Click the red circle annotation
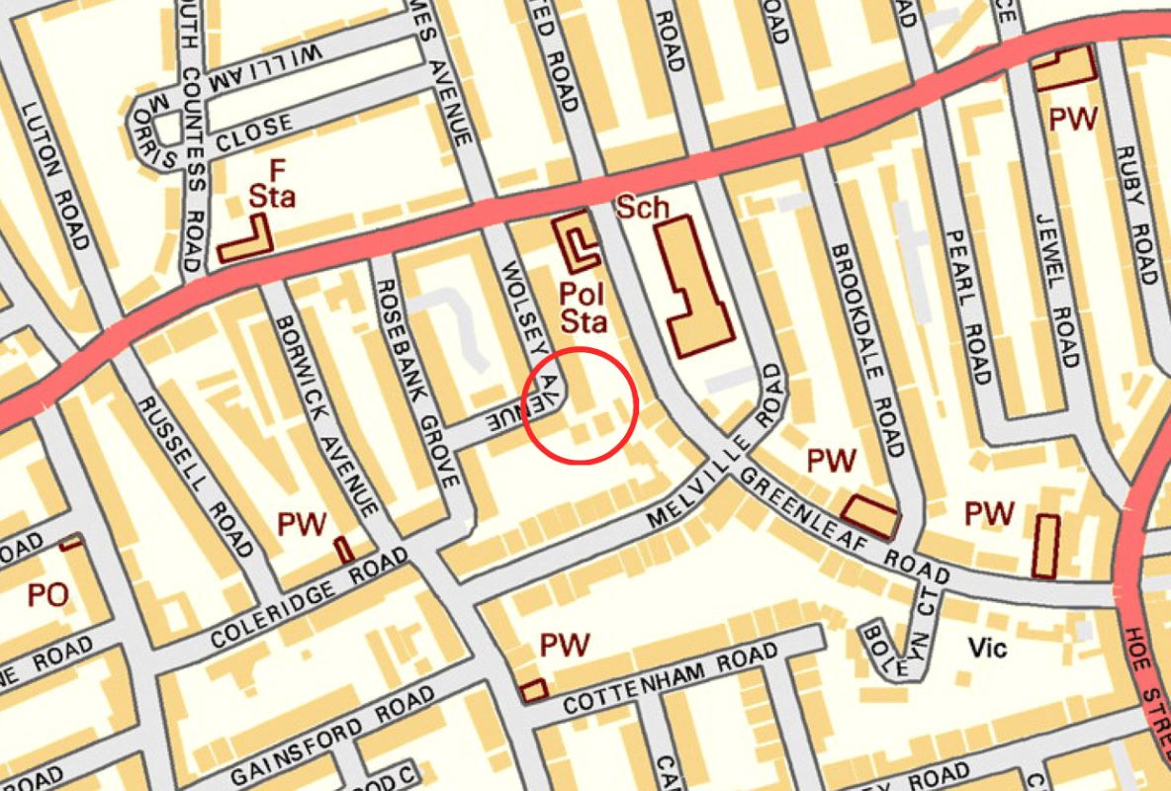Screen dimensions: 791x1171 [x=580, y=405]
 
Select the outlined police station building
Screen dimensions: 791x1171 [x=577, y=242]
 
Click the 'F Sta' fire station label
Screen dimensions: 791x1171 [x=271, y=185]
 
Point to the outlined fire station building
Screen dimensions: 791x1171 [x=247, y=241]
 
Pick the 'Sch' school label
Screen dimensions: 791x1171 [x=643, y=209]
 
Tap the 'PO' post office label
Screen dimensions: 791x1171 [x=46, y=595]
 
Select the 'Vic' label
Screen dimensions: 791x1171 [x=987, y=649]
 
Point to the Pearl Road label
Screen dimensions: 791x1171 [x=967, y=307]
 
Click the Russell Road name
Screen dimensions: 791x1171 [x=196, y=476]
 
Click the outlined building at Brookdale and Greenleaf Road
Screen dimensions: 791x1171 [x=871, y=514]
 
